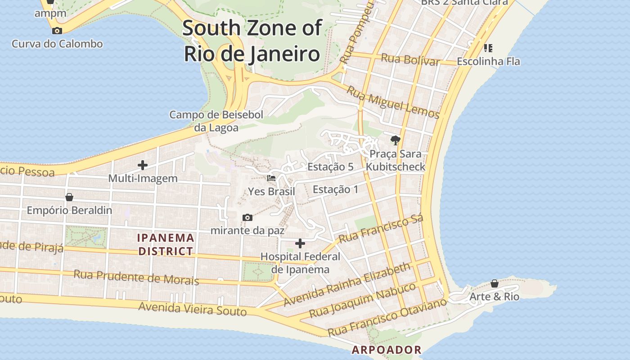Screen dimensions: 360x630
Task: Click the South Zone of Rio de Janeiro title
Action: click(x=252, y=41)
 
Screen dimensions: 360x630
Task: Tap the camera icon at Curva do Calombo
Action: click(x=57, y=31)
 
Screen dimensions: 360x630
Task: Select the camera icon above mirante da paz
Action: click(x=247, y=218)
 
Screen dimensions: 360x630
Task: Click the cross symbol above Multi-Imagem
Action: click(x=143, y=165)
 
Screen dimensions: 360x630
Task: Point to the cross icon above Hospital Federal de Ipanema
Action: click(x=300, y=244)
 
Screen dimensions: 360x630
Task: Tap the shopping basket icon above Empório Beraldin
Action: click(x=69, y=197)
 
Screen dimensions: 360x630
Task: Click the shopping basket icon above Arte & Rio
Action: click(x=495, y=283)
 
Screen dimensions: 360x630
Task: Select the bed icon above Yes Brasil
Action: click(x=271, y=178)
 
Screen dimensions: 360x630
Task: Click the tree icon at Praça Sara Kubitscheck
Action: click(x=396, y=140)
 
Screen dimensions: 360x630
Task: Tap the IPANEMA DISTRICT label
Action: click(x=166, y=244)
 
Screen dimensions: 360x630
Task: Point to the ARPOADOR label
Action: click(x=387, y=350)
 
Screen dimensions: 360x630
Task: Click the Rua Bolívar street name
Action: click(x=410, y=59)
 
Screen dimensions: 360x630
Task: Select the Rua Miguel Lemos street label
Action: click(x=392, y=102)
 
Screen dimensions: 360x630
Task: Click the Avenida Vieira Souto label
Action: click(x=193, y=309)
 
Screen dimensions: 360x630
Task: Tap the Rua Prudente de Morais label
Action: click(x=136, y=277)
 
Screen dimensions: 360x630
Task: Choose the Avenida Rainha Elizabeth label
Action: click(x=347, y=284)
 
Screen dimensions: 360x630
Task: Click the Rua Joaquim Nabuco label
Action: click(x=362, y=300)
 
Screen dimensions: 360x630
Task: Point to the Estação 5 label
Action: click(x=330, y=167)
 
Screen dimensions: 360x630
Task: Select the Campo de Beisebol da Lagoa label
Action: click(x=216, y=121)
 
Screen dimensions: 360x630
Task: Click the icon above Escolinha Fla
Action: click(x=488, y=48)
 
